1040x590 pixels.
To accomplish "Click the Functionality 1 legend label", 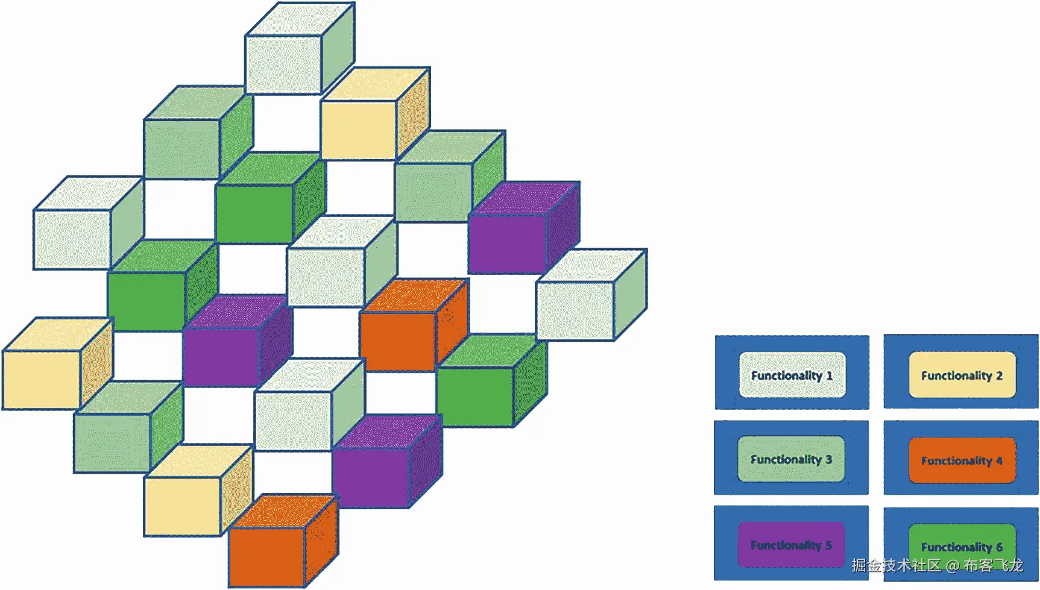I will coord(792,375).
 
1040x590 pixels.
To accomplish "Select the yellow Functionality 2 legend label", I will coord(962,375).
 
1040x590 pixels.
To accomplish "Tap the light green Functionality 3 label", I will coord(790,459).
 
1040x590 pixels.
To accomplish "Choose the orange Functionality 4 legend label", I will coord(962,460).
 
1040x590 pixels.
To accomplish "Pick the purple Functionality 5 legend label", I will coord(790,545).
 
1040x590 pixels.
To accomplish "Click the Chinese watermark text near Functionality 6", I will coord(937,565).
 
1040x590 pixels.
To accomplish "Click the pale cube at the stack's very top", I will coord(283,63).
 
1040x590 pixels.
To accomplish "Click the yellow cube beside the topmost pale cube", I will coord(359,129).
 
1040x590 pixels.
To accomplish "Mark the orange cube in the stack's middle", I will coord(398,340).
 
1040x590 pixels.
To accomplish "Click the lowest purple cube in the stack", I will coord(371,476).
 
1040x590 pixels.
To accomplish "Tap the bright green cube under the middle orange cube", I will coord(475,395).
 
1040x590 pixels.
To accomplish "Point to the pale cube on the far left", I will coord(72,238).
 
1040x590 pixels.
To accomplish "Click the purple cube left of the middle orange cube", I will coord(222,356).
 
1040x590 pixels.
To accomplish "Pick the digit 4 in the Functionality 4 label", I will coord(999,460).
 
